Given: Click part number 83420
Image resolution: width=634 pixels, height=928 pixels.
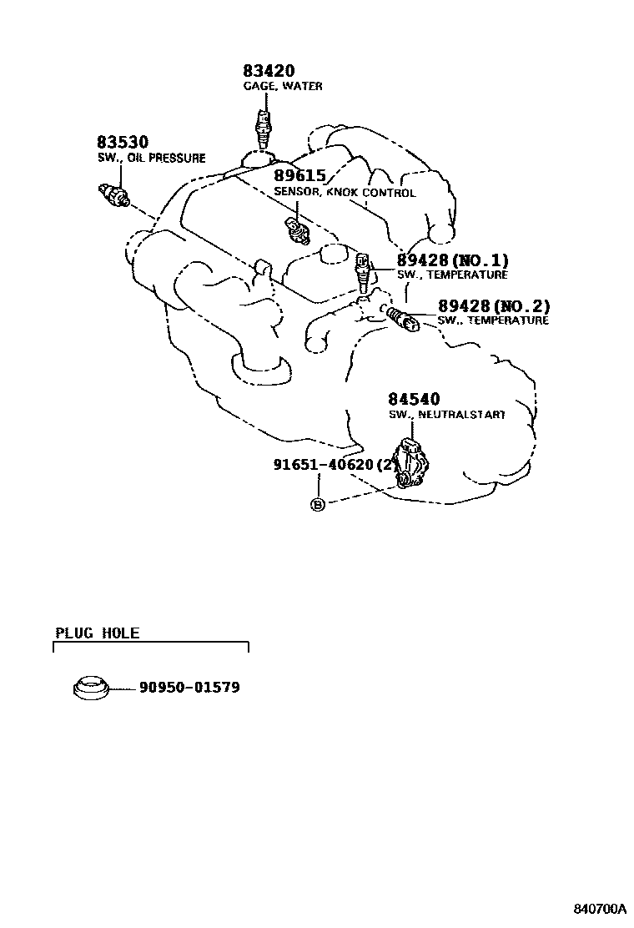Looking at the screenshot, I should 269,72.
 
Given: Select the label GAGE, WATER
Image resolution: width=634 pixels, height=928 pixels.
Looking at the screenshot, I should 283,86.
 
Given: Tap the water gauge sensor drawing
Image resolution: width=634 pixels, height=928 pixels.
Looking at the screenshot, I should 264,128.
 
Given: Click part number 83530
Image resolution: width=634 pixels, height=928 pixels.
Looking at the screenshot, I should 122,143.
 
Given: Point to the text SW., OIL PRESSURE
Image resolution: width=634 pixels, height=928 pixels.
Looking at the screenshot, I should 151,158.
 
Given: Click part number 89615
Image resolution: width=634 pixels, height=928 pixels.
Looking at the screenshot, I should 302,176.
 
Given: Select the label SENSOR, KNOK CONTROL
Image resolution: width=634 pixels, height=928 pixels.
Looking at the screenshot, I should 344,193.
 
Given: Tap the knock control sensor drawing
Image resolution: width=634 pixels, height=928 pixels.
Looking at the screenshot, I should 297,229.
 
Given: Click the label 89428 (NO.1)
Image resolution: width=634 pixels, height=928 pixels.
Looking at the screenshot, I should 452,260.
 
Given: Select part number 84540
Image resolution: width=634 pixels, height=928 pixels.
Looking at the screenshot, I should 414,400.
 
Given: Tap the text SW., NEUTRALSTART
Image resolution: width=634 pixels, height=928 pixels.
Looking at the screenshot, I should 446,415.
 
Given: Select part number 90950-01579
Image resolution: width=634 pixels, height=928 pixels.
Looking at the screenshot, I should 189,688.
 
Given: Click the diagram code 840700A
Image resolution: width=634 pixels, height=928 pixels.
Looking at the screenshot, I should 598,908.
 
